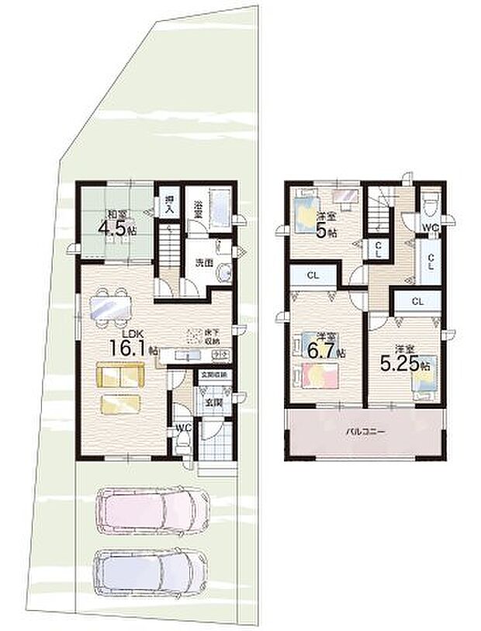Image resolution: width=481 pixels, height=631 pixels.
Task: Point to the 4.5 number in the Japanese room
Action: point(112,228)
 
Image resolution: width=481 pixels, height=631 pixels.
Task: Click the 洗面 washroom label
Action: point(204,262)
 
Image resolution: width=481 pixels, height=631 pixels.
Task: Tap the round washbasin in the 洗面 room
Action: point(224,274)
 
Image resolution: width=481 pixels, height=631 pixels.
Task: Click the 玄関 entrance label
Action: point(211,403)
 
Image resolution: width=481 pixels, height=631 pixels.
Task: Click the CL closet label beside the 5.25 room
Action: point(417,300)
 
